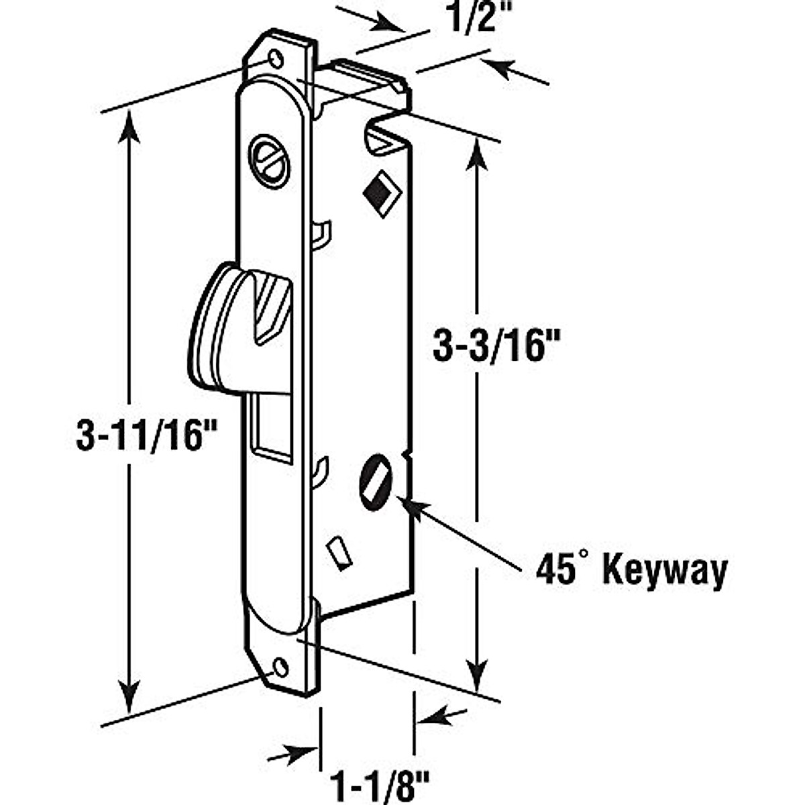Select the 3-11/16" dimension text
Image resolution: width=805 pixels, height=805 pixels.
(139, 437)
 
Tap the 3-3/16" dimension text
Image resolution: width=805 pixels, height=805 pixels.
(495, 347)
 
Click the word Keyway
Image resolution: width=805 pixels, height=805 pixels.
(665, 572)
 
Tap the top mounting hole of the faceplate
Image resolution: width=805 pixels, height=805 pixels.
(276, 60)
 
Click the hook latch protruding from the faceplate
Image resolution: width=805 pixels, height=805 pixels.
(235, 329)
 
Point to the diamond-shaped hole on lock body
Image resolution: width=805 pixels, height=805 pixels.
(379, 194)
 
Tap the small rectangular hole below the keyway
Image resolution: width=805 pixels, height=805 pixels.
(339, 554)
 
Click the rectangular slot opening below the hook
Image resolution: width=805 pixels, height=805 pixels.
(270, 429)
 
